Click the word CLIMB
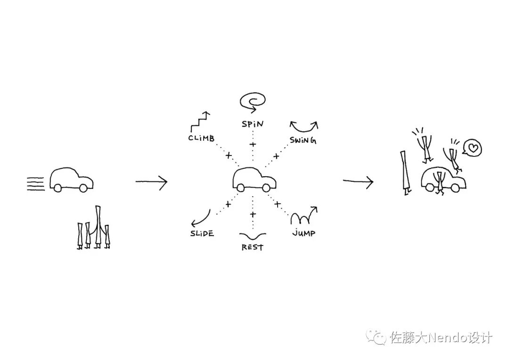tap(201, 139)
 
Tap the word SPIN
tap(253, 124)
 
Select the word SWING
tap(303, 140)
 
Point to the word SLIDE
tap(202, 234)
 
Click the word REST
tap(252, 247)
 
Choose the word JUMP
tap(303, 233)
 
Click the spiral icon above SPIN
tap(253, 101)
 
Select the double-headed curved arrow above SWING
tap(304, 126)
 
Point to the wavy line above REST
tap(253, 236)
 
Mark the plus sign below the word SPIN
tap(253, 144)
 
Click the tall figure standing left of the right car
tap(405, 172)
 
